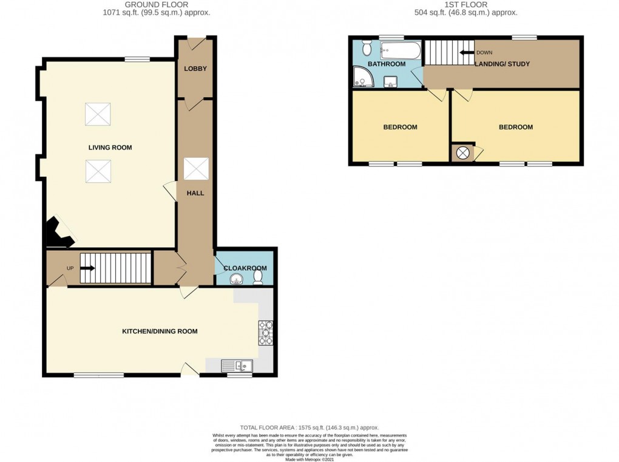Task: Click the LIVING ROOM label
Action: pyautogui.click(x=110, y=148)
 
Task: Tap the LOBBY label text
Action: pyautogui.click(x=195, y=69)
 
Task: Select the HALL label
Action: pyautogui.click(x=195, y=193)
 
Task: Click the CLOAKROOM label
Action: pyautogui.click(x=245, y=268)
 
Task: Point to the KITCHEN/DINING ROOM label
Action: pyautogui.click(x=160, y=331)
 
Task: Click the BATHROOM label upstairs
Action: pyautogui.click(x=386, y=64)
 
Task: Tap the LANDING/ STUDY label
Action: pyautogui.click(x=502, y=64)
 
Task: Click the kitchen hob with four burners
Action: pyautogui.click(x=266, y=333)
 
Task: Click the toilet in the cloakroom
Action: pyautogui.click(x=258, y=277)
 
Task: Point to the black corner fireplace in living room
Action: pyautogui.click(x=59, y=233)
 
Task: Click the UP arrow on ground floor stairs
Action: pyautogui.click(x=87, y=268)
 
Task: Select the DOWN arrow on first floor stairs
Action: pyautogui.click(x=466, y=53)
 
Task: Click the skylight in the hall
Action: pyautogui.click(x=196, y=169)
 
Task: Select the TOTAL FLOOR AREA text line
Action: pyautogui.click(x=309, y=427)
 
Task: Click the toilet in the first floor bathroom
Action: pyautogui.click(x=366, y=47)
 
